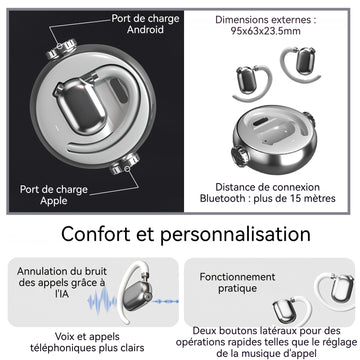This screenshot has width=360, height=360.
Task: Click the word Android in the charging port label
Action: coord(145,29)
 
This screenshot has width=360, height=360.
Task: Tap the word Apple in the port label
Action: coord(54,201)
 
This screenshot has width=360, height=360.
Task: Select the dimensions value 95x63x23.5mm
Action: coord(266,31)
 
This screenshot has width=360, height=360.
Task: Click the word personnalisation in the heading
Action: coord(235,235)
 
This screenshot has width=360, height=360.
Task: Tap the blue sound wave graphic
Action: coord(102,300)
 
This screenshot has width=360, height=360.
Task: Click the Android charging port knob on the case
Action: coord(62,49)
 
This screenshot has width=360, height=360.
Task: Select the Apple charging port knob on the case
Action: coord(125,164)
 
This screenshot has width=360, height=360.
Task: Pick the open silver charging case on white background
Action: coord(273,139)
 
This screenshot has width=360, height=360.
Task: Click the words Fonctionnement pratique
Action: coord(237,282)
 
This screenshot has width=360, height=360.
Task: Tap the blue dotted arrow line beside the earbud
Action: coord(166,302)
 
